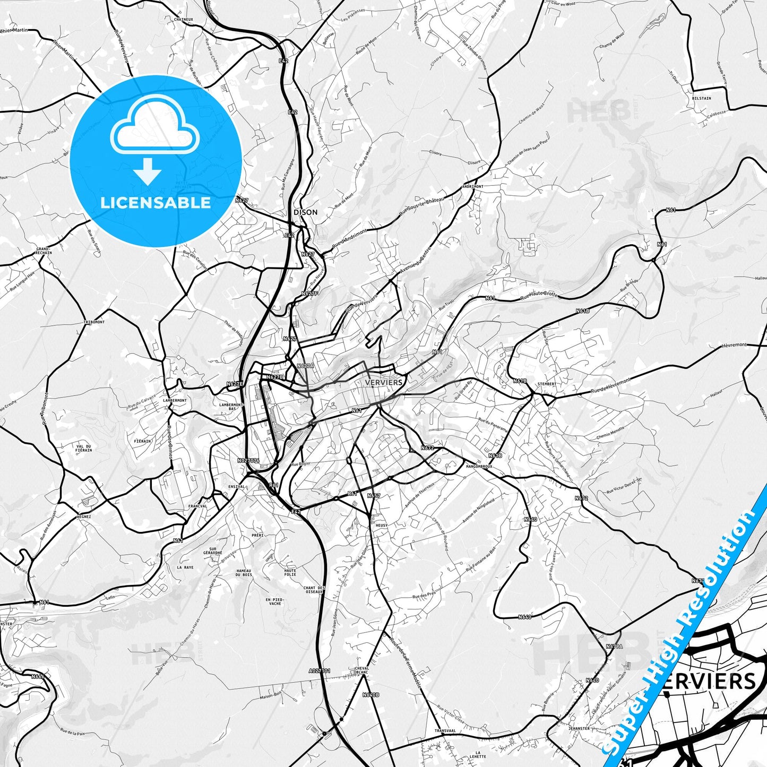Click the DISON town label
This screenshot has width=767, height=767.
tap(306, 212)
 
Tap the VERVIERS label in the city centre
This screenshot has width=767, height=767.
tap(384, 382)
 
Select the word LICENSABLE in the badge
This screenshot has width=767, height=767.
tap(156, 203)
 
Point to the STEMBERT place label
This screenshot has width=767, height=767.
tap(547, 384)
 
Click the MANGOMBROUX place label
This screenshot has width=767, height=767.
tap(479, 467)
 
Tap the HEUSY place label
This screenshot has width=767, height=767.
tap(381, 525)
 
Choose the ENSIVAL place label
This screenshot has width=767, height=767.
tap(236, 486)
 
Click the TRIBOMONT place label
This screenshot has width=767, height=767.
tap(94, 322)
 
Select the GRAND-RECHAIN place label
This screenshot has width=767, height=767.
tap(44, 251)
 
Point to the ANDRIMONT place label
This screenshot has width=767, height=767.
tap(472, 187)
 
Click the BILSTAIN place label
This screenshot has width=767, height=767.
tap(701, 98)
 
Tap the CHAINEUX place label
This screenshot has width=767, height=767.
tap(184, 20)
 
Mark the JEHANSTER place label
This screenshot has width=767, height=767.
tap(579, 729)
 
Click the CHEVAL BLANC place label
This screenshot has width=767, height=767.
tap(361, 670)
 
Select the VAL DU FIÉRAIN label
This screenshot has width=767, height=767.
tap(84, 449)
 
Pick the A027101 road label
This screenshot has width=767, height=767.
tap(320, 671)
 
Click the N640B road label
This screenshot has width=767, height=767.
tap(371, 695)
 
